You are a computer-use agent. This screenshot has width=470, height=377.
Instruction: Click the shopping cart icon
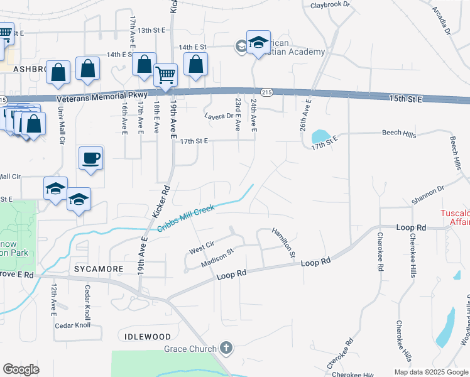(x=165, y=75)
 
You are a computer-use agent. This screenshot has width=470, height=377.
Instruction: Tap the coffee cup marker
(x=91, y=157)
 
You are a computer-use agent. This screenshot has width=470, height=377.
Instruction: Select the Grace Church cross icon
(x=226, y=348)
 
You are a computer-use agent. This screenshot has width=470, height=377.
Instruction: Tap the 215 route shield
(x=267, y=92)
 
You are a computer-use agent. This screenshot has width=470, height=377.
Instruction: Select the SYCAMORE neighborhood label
(x=99, y=269)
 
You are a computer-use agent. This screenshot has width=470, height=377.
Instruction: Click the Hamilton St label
(x=283, y=243)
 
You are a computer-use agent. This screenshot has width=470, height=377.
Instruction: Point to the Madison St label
(x=217, y=258)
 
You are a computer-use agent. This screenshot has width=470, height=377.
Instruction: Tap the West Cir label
(x=201, y=247)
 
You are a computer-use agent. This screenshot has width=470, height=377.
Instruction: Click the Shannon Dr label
(x=428, y=195)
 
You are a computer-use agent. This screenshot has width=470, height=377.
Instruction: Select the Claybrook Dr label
(x=330, y=6)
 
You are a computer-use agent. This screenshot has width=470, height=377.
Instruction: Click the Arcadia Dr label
(x=442, y=20)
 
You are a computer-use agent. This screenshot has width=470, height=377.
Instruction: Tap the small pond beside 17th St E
(x=320, y=136)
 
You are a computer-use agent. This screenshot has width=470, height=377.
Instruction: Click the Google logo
(x=21, y=369)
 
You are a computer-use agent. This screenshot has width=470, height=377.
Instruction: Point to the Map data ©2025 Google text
(x=430, y=372)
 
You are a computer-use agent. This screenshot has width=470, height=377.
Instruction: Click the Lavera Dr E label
(x=220, y=116)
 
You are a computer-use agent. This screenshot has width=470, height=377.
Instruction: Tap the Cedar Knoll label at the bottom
(x=73, y=325)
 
